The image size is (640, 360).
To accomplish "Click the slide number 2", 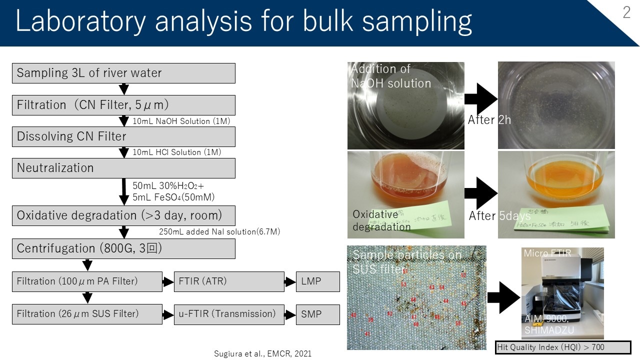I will click(x=626, y=13).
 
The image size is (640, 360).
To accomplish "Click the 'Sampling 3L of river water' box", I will click(x=123, y=73).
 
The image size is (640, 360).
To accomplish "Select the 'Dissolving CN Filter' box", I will click(x=123, y=136).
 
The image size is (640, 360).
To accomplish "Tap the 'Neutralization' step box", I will click(x=123, y=168).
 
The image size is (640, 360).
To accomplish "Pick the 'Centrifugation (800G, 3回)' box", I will click(x=123, y=248).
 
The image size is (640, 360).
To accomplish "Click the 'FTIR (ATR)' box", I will click(x=229, y=281).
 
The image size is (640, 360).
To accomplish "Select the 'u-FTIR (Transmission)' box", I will click(x=229, y=314).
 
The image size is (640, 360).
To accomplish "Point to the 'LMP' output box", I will click(x=317, y=281).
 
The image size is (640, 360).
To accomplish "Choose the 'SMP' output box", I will click(x=317, y=314).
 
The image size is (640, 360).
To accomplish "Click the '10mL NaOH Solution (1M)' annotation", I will click(x=181, y=121).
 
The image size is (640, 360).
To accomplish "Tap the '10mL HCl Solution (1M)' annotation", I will click(x=176, y=152).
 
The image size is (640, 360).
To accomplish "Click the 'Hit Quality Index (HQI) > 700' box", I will click(x=563, y=347).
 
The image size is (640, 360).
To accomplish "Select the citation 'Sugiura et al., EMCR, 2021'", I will click(x=262, y=353).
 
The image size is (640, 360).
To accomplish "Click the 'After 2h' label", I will click(x=489, y=120).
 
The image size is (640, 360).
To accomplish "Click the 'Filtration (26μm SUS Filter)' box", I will click(x=87, y=314).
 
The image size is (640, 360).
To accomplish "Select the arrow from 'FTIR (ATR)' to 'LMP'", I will click(x=290, y=282).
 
